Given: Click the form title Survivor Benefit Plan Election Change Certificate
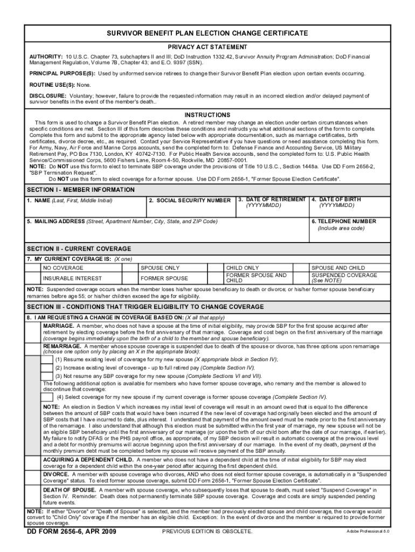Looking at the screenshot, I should pos(207,33).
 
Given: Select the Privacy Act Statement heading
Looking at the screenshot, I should pos(207,47).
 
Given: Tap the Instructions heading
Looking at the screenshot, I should pos(207,115).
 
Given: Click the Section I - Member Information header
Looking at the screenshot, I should pos(81,190).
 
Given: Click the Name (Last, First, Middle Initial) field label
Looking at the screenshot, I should pos(71,201).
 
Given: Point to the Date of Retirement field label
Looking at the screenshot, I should pos(272,200).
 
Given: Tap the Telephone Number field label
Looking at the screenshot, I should pos(343,222).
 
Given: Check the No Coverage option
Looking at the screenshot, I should pos(63,268).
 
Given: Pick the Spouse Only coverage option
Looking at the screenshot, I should pos(160,268).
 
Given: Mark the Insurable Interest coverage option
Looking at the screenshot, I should pos(72,279).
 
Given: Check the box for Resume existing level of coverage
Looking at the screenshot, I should pos(47,359).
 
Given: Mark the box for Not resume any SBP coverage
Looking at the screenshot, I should pos(47,376).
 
